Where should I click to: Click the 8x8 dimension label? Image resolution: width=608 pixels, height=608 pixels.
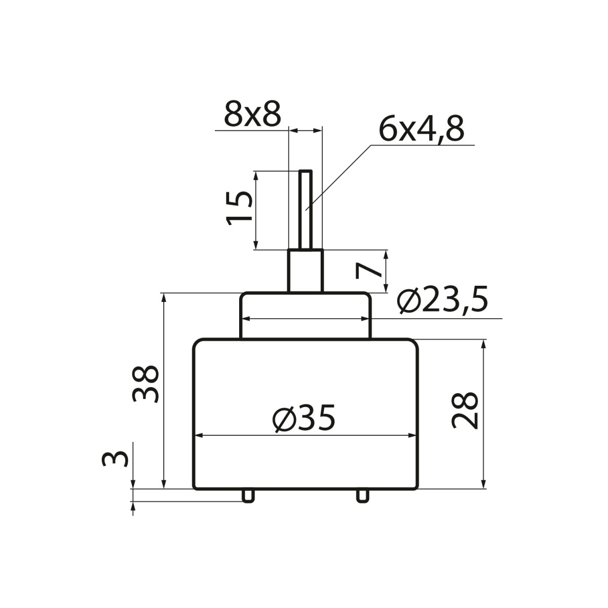(x=252, y=114)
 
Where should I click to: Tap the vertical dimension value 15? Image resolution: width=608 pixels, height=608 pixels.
(x=239, y=208)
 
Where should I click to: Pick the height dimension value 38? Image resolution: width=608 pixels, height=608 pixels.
(x=145, y=384)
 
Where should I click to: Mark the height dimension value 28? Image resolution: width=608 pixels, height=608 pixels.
(x=465, y=410)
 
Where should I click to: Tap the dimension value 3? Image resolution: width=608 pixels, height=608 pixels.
(x=115, y=459)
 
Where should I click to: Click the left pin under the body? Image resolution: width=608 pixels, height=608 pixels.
(x=248, y=496)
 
